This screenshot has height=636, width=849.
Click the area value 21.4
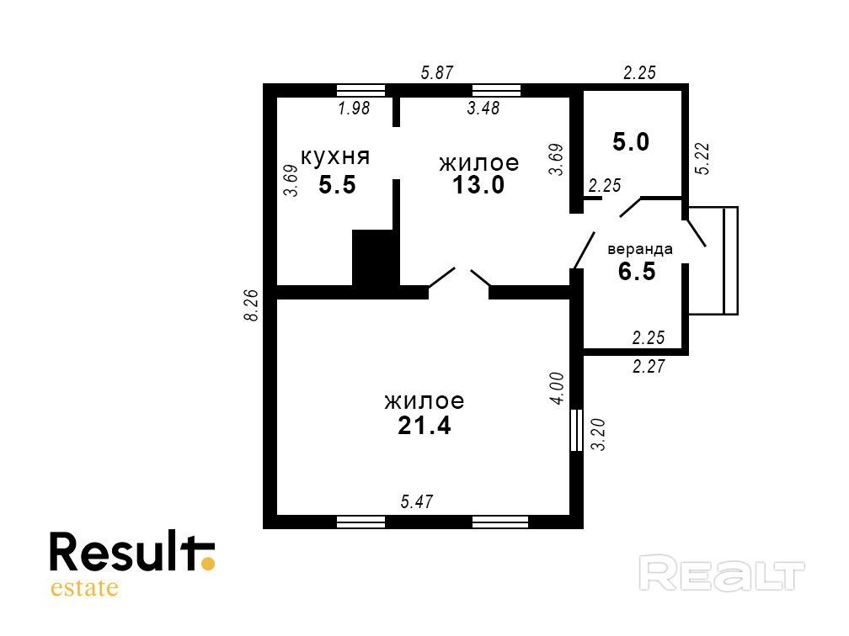click(x=424, y=426)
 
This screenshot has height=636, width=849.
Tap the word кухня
click(x=336, y=156)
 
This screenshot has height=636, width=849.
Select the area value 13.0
click(x=478, y=185)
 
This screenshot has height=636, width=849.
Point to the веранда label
click(x=640, y=249)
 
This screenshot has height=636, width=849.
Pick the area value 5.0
click(x=631, y=142)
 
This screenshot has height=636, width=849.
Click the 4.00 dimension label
click(x=557, y=389)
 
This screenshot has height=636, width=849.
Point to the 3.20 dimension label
click(x=599, y=434)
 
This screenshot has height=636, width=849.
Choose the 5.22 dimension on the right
click(x=703, y=157)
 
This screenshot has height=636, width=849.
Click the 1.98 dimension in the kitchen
click(x=354, y=108)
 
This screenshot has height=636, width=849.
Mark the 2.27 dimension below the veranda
click(x=649, y=366)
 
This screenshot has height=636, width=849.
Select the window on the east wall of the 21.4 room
click(x=577, y=430)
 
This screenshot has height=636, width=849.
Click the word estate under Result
click(x=84, y=587)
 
